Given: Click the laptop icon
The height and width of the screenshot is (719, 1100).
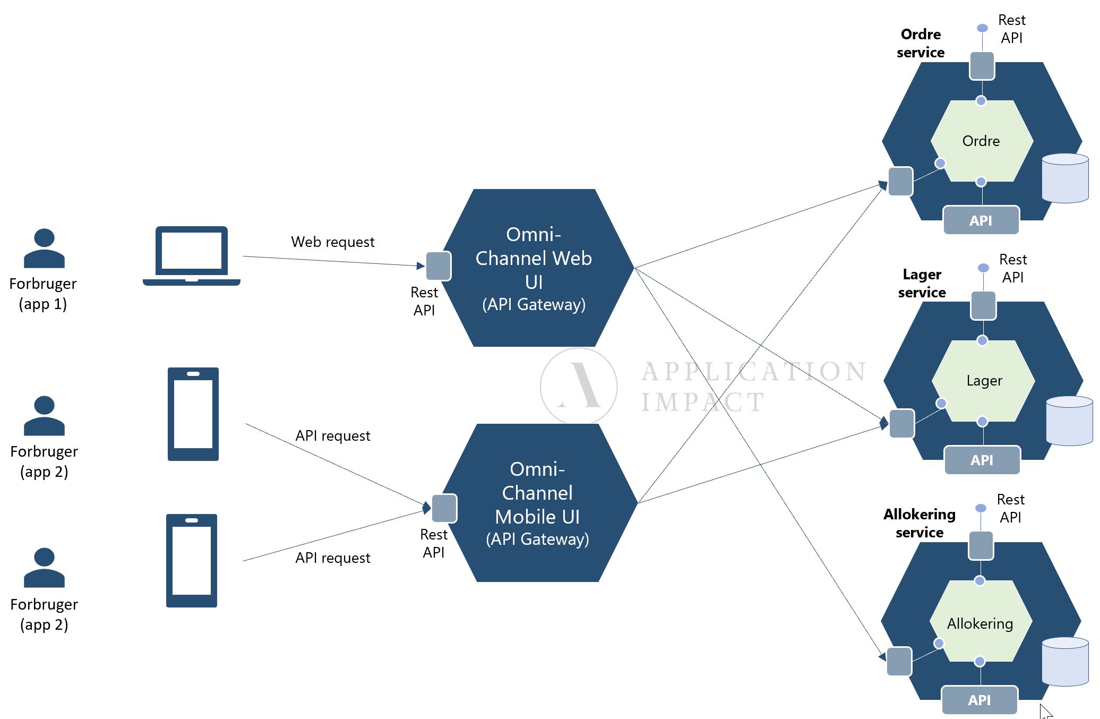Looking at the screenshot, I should (192, 256).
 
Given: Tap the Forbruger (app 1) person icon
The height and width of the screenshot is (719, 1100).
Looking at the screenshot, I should (44, 249).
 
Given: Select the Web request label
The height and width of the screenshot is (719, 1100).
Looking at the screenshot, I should (332, 242).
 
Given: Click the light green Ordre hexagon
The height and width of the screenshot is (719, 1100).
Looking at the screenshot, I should (981, 141).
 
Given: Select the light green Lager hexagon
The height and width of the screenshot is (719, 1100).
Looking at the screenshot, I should (984, 381).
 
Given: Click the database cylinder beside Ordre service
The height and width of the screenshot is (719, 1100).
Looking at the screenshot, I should (1065, 178).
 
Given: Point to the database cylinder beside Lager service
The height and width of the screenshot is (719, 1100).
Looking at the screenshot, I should (1069, 421).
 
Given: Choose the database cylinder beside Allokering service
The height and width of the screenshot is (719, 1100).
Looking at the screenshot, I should (1065, 662).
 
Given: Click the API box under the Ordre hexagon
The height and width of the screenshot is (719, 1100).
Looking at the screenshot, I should (981, 220).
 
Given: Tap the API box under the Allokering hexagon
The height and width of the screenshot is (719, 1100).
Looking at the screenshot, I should (979, 700).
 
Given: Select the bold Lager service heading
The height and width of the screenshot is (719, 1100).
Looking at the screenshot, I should (922, 284).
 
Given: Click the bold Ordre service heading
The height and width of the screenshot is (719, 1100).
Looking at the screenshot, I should (921, 44).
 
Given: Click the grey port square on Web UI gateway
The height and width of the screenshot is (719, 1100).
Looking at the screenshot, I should (439, 266).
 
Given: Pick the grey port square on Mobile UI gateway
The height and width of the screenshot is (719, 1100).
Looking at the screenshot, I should (444, 508).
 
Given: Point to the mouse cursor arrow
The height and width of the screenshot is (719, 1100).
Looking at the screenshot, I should (1045, 711).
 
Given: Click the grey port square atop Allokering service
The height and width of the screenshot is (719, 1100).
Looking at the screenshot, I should (981, 545).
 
